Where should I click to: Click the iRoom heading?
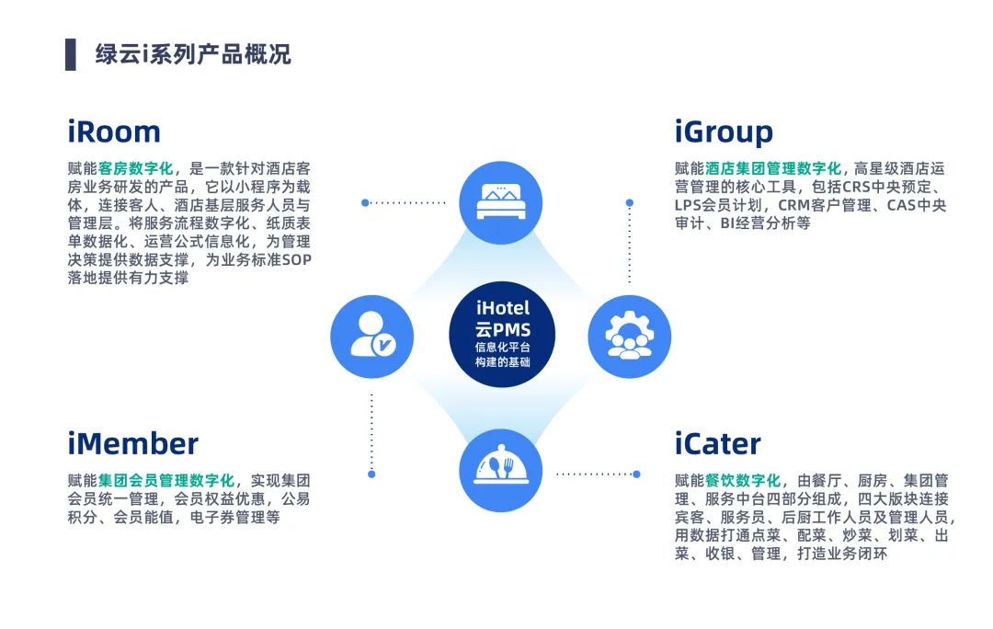pos(114,132)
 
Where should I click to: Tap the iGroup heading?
pos(724,132)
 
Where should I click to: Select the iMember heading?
pos(133,443)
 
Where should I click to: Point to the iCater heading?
pos(717,443)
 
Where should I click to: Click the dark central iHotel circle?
pos(502,335)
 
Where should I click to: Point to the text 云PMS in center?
pos(502,329)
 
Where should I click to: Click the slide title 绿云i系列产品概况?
pos(193,54)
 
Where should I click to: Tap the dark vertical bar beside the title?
pos(71,54)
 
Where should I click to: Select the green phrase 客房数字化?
pos(136,168)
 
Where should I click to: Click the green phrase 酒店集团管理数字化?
pos(773,168)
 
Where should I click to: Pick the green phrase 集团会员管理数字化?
pos(166,480)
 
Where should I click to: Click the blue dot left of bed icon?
pos(365,202)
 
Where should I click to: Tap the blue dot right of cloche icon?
pos(636,475)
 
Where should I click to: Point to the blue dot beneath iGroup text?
pos(630,202)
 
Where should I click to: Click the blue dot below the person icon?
pos(371,475)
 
